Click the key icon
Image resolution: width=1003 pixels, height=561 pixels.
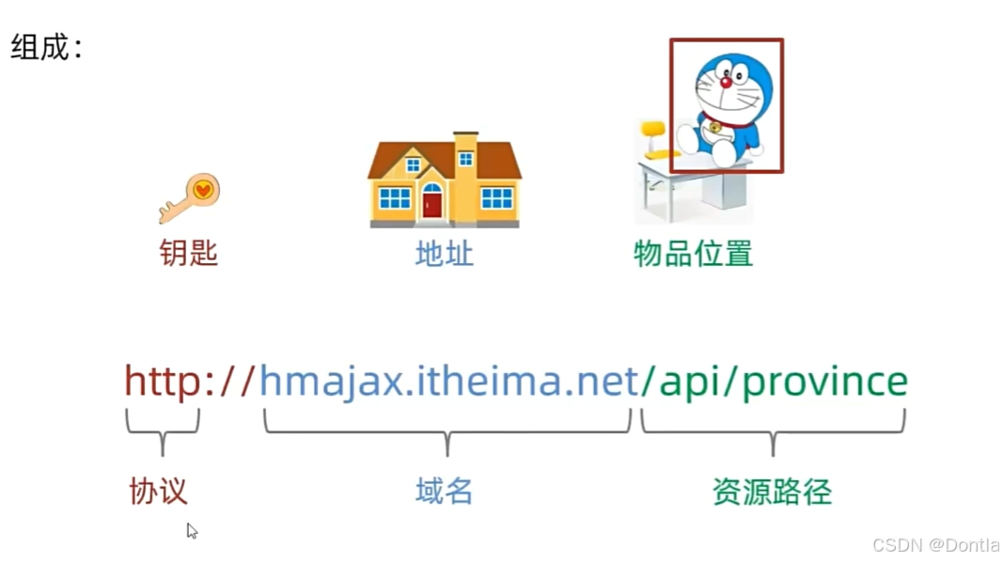click(189, 197)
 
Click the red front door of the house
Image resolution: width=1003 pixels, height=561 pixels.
click(432, 201)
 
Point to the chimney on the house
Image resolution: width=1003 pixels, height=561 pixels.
click(465, 148)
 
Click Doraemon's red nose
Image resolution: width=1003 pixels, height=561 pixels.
click(726, 83)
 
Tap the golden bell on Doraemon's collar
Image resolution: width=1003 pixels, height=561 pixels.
click(715, 127)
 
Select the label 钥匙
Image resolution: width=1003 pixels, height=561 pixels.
click(189, 253)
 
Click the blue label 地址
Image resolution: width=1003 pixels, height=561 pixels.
click(444, 253)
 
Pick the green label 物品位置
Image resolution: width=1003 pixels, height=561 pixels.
click(693, 253)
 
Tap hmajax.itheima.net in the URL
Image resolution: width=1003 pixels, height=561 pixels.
click(448, 382)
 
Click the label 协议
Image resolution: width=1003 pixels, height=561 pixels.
click(158, 491)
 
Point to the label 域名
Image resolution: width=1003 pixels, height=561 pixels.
click(444, 491)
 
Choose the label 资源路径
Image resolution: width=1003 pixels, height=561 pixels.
click(772, 491)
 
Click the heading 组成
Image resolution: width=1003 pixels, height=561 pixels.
click(41, 47)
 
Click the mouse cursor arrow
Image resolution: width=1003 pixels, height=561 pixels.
click(191, 530)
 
